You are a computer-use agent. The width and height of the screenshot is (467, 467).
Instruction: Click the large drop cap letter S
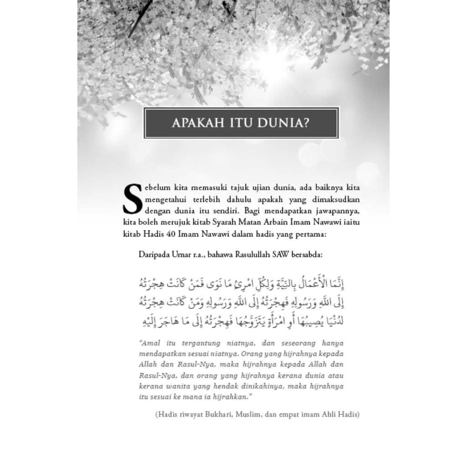point(133,199)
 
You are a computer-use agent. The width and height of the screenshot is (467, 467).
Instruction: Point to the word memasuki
point(212,188)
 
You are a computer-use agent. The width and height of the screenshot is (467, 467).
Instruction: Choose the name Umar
point(181,254)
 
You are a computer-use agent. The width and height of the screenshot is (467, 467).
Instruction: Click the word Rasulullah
point(253,254)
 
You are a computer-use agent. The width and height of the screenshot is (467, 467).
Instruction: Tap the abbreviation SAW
point(281,254)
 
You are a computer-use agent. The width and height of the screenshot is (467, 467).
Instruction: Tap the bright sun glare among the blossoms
point(274,59)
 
